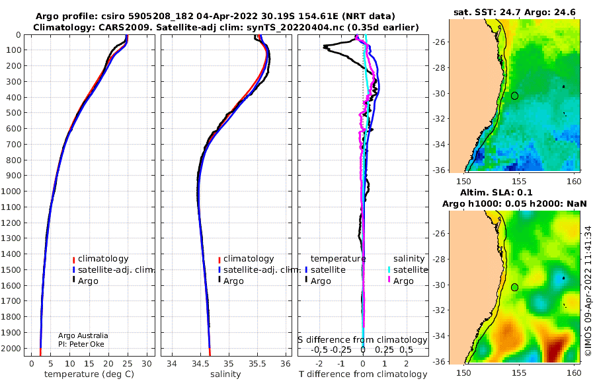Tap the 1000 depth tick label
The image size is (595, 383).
coord(11,191)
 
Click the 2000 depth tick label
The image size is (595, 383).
coord(11,348)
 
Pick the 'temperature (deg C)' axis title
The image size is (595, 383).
coord(89,374)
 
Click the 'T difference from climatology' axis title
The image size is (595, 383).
coord(363,374)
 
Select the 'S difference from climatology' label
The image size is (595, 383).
coord(362,340)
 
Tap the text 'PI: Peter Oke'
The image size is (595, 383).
coord(81,344)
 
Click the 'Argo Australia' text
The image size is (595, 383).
coord(83,335)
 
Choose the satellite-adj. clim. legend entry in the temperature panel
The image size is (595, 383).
coord(114,270)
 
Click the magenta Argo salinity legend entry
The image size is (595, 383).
coord(400,281)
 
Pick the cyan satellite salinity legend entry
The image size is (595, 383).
coord(407,270)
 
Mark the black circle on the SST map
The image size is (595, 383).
coord(514,96)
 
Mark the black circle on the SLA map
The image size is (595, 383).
coord(514,287)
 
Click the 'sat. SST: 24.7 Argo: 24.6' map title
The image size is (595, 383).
coord(514,12)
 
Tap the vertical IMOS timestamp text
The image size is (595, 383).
coord(588,291)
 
